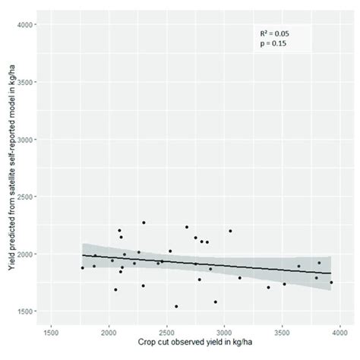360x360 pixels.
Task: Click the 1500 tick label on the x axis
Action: pos(51,332)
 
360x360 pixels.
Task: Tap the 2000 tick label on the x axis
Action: pos(109,332)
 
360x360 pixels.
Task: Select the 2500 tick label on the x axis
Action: pos(166,332)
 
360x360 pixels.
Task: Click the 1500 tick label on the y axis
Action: pos(26,311)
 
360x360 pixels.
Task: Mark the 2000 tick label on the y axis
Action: pos(26,254)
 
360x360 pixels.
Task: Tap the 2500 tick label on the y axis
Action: pos(26,197)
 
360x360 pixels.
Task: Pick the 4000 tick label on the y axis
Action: pos(26,25)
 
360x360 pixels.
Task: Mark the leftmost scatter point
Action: pos(83,267)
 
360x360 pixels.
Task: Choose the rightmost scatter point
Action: pos(331,283)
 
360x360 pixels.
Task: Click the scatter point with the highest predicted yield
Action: pos(144,223)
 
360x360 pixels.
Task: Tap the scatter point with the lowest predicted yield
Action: pos(176,306)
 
